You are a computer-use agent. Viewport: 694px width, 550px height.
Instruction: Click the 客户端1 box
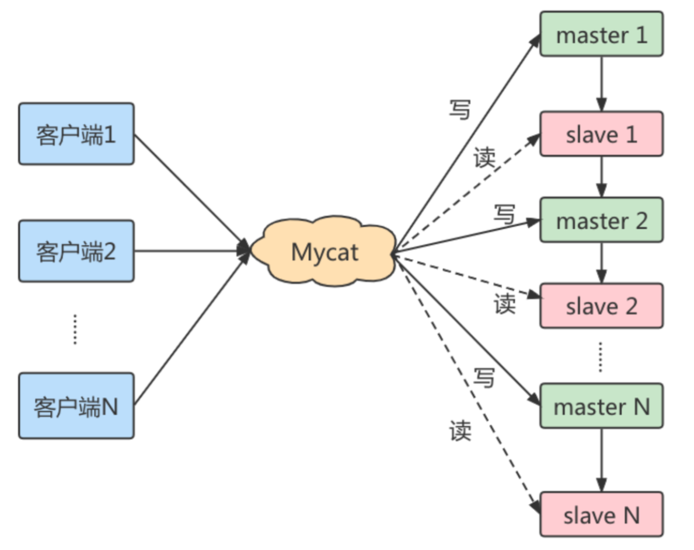[x=76, y=134]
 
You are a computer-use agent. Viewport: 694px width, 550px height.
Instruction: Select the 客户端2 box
[x=76, y=251]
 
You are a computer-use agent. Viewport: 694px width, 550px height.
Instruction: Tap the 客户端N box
[x=76, y=406]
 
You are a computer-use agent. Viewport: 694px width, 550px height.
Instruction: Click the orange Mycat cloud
[x=325, y=253]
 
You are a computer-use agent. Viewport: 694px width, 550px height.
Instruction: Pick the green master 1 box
[x=601, y=35]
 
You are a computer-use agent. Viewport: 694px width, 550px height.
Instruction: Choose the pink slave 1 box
[x=601, y=134]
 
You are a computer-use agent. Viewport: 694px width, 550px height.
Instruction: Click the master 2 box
[x=601, y=220]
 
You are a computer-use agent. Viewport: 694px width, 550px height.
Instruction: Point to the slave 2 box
[x=601, y=306]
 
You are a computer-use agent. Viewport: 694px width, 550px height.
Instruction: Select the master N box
[x=601, y=405]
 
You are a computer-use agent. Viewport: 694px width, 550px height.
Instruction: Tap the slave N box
[x=601, y=514]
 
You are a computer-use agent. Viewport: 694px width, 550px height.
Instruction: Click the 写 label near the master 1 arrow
[x=459, y=109]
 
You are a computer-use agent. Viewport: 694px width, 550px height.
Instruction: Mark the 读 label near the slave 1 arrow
[x=484, y=158]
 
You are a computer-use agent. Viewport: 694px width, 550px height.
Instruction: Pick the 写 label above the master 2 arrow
[x=505, y=214]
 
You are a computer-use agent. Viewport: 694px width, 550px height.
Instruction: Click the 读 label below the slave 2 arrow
[x=505, y=304]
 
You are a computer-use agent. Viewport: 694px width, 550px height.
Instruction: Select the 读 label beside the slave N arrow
[x=460, y=430]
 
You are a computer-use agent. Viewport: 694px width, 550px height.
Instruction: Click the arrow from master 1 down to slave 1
[x=601, y=83]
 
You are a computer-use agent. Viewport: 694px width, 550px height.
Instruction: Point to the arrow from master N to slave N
[x=601, y=460]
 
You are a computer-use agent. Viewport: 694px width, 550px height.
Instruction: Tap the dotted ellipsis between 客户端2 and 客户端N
[x=75, y=329]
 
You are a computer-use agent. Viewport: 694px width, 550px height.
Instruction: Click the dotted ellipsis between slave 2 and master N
[x=601, y=356]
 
